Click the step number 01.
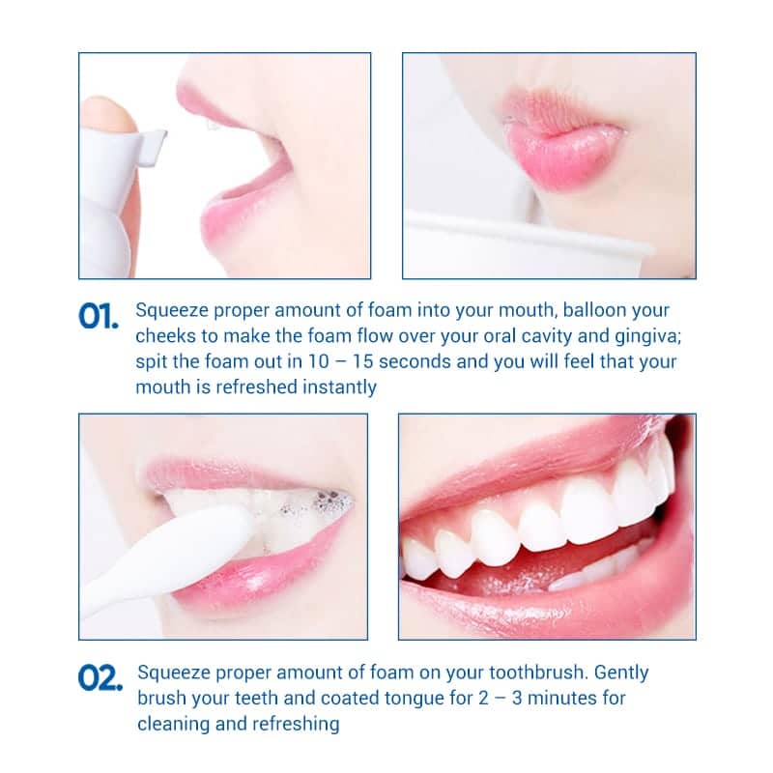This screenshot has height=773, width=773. click(x=99, y=316)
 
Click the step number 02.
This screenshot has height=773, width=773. click(x=100, y=677)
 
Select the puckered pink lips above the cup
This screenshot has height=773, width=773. click(x=560, y=140)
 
